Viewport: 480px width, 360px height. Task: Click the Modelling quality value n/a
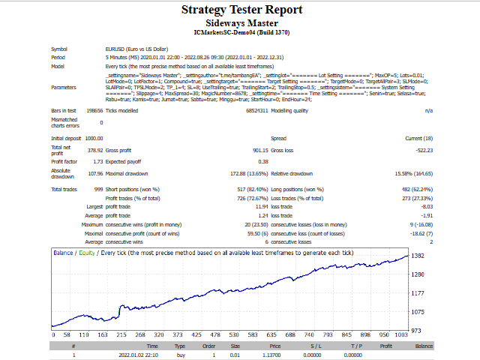428,110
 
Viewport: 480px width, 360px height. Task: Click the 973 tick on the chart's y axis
417,330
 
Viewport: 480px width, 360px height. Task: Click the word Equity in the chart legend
87,253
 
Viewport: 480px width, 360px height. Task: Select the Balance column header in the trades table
424,346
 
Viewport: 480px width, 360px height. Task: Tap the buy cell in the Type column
180,355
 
